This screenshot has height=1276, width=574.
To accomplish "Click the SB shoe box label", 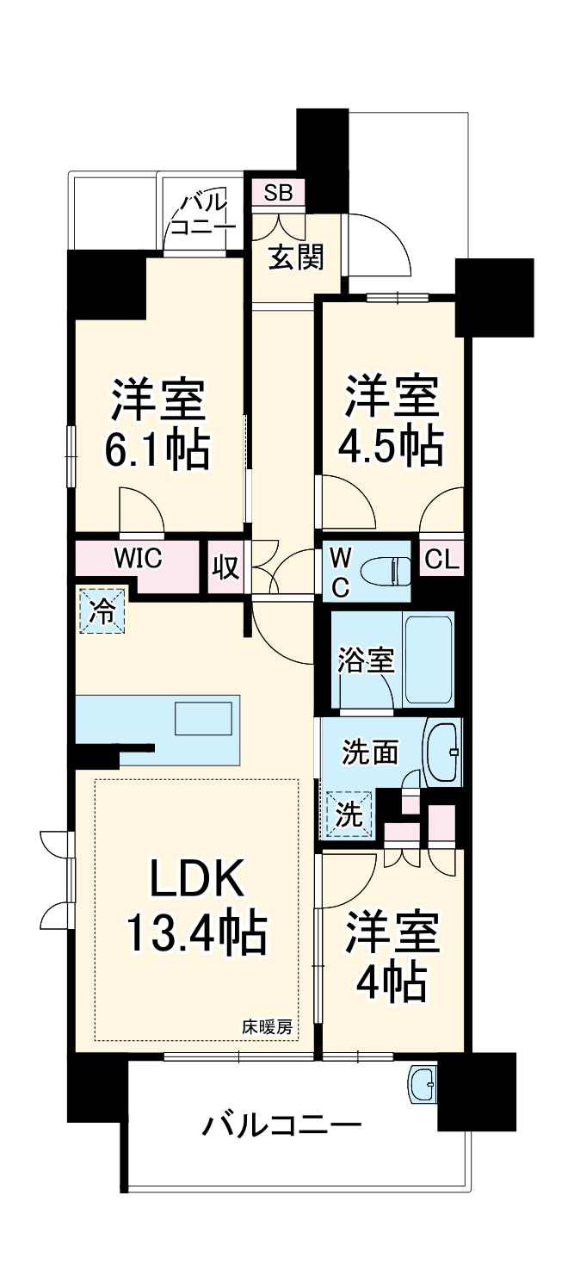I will (x=277, y=193).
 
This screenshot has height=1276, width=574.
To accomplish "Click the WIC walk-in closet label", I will (x=139, y=559).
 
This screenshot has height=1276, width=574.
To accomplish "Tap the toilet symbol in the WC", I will (x=384, y=571).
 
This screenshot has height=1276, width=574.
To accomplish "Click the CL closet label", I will (x=443, y=560).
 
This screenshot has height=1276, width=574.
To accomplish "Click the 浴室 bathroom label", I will (x=365, y=660).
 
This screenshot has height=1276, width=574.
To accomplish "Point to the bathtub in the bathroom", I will (x=428, y=660).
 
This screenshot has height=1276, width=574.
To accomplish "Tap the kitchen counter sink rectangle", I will (x=203, y=718).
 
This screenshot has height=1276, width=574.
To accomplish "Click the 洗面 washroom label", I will (x=370, y=753).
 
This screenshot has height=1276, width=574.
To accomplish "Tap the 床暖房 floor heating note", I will (x=267, y=1026).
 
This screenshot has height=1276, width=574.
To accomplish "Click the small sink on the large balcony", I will (x=423, y=1083).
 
